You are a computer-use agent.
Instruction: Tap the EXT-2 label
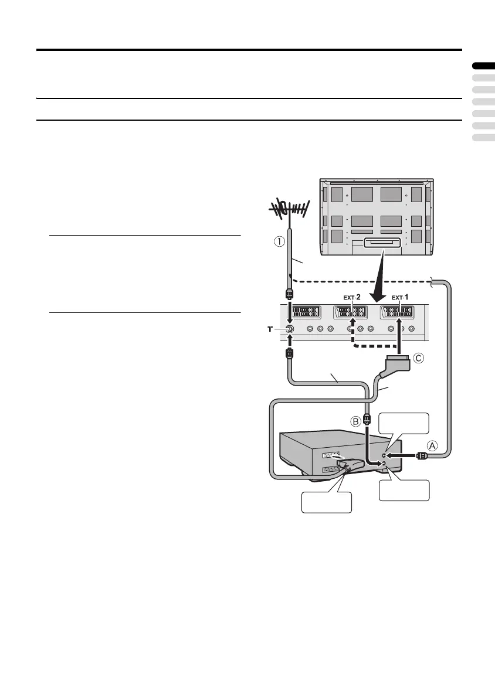click(352, 297)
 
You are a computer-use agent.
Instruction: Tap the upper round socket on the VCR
click(384, 454)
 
